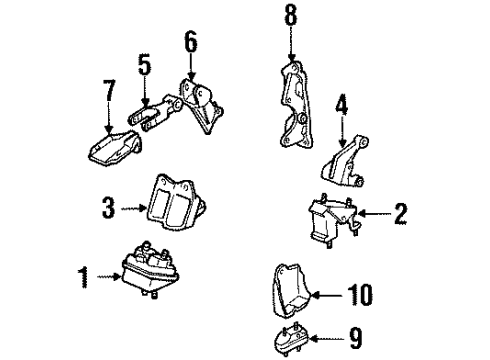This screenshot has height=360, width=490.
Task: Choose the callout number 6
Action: [x=189, y=45]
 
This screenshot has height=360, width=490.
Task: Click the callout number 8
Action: [x=291, y=17]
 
